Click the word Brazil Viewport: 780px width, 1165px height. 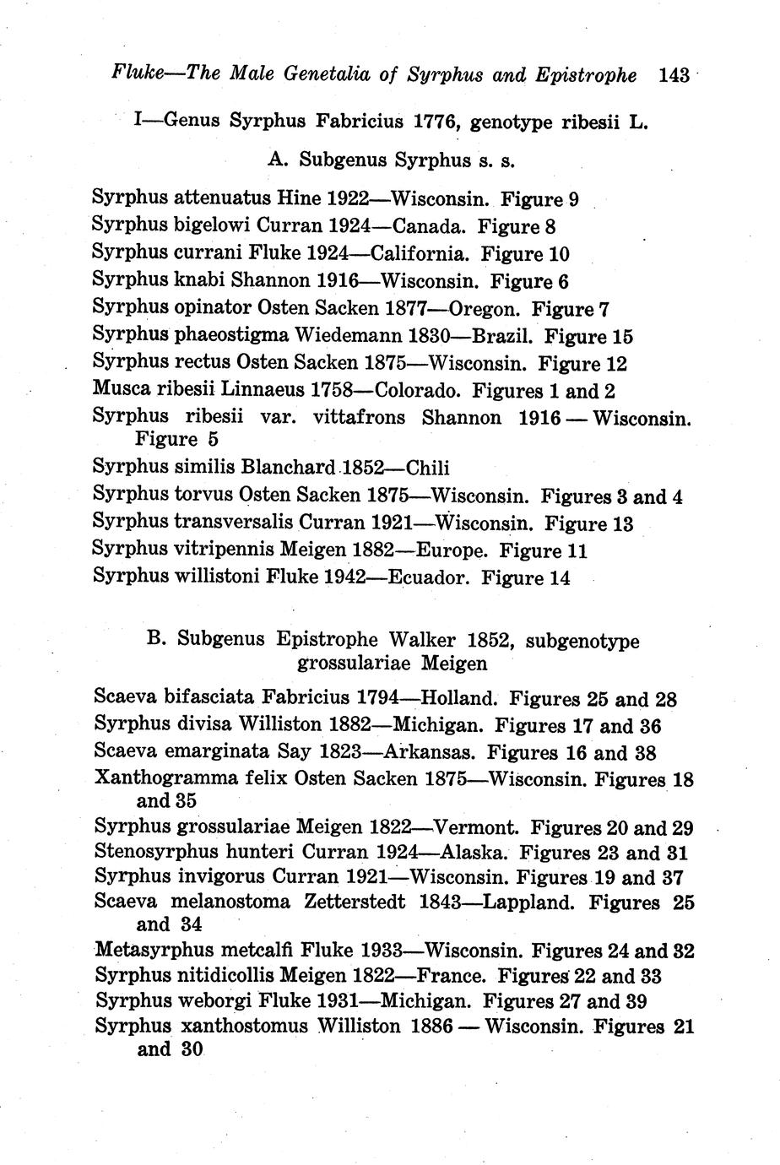501,336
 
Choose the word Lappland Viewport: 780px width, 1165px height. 528,902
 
